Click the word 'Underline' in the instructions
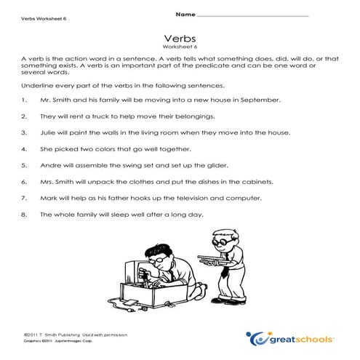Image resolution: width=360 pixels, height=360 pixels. (36, 85)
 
